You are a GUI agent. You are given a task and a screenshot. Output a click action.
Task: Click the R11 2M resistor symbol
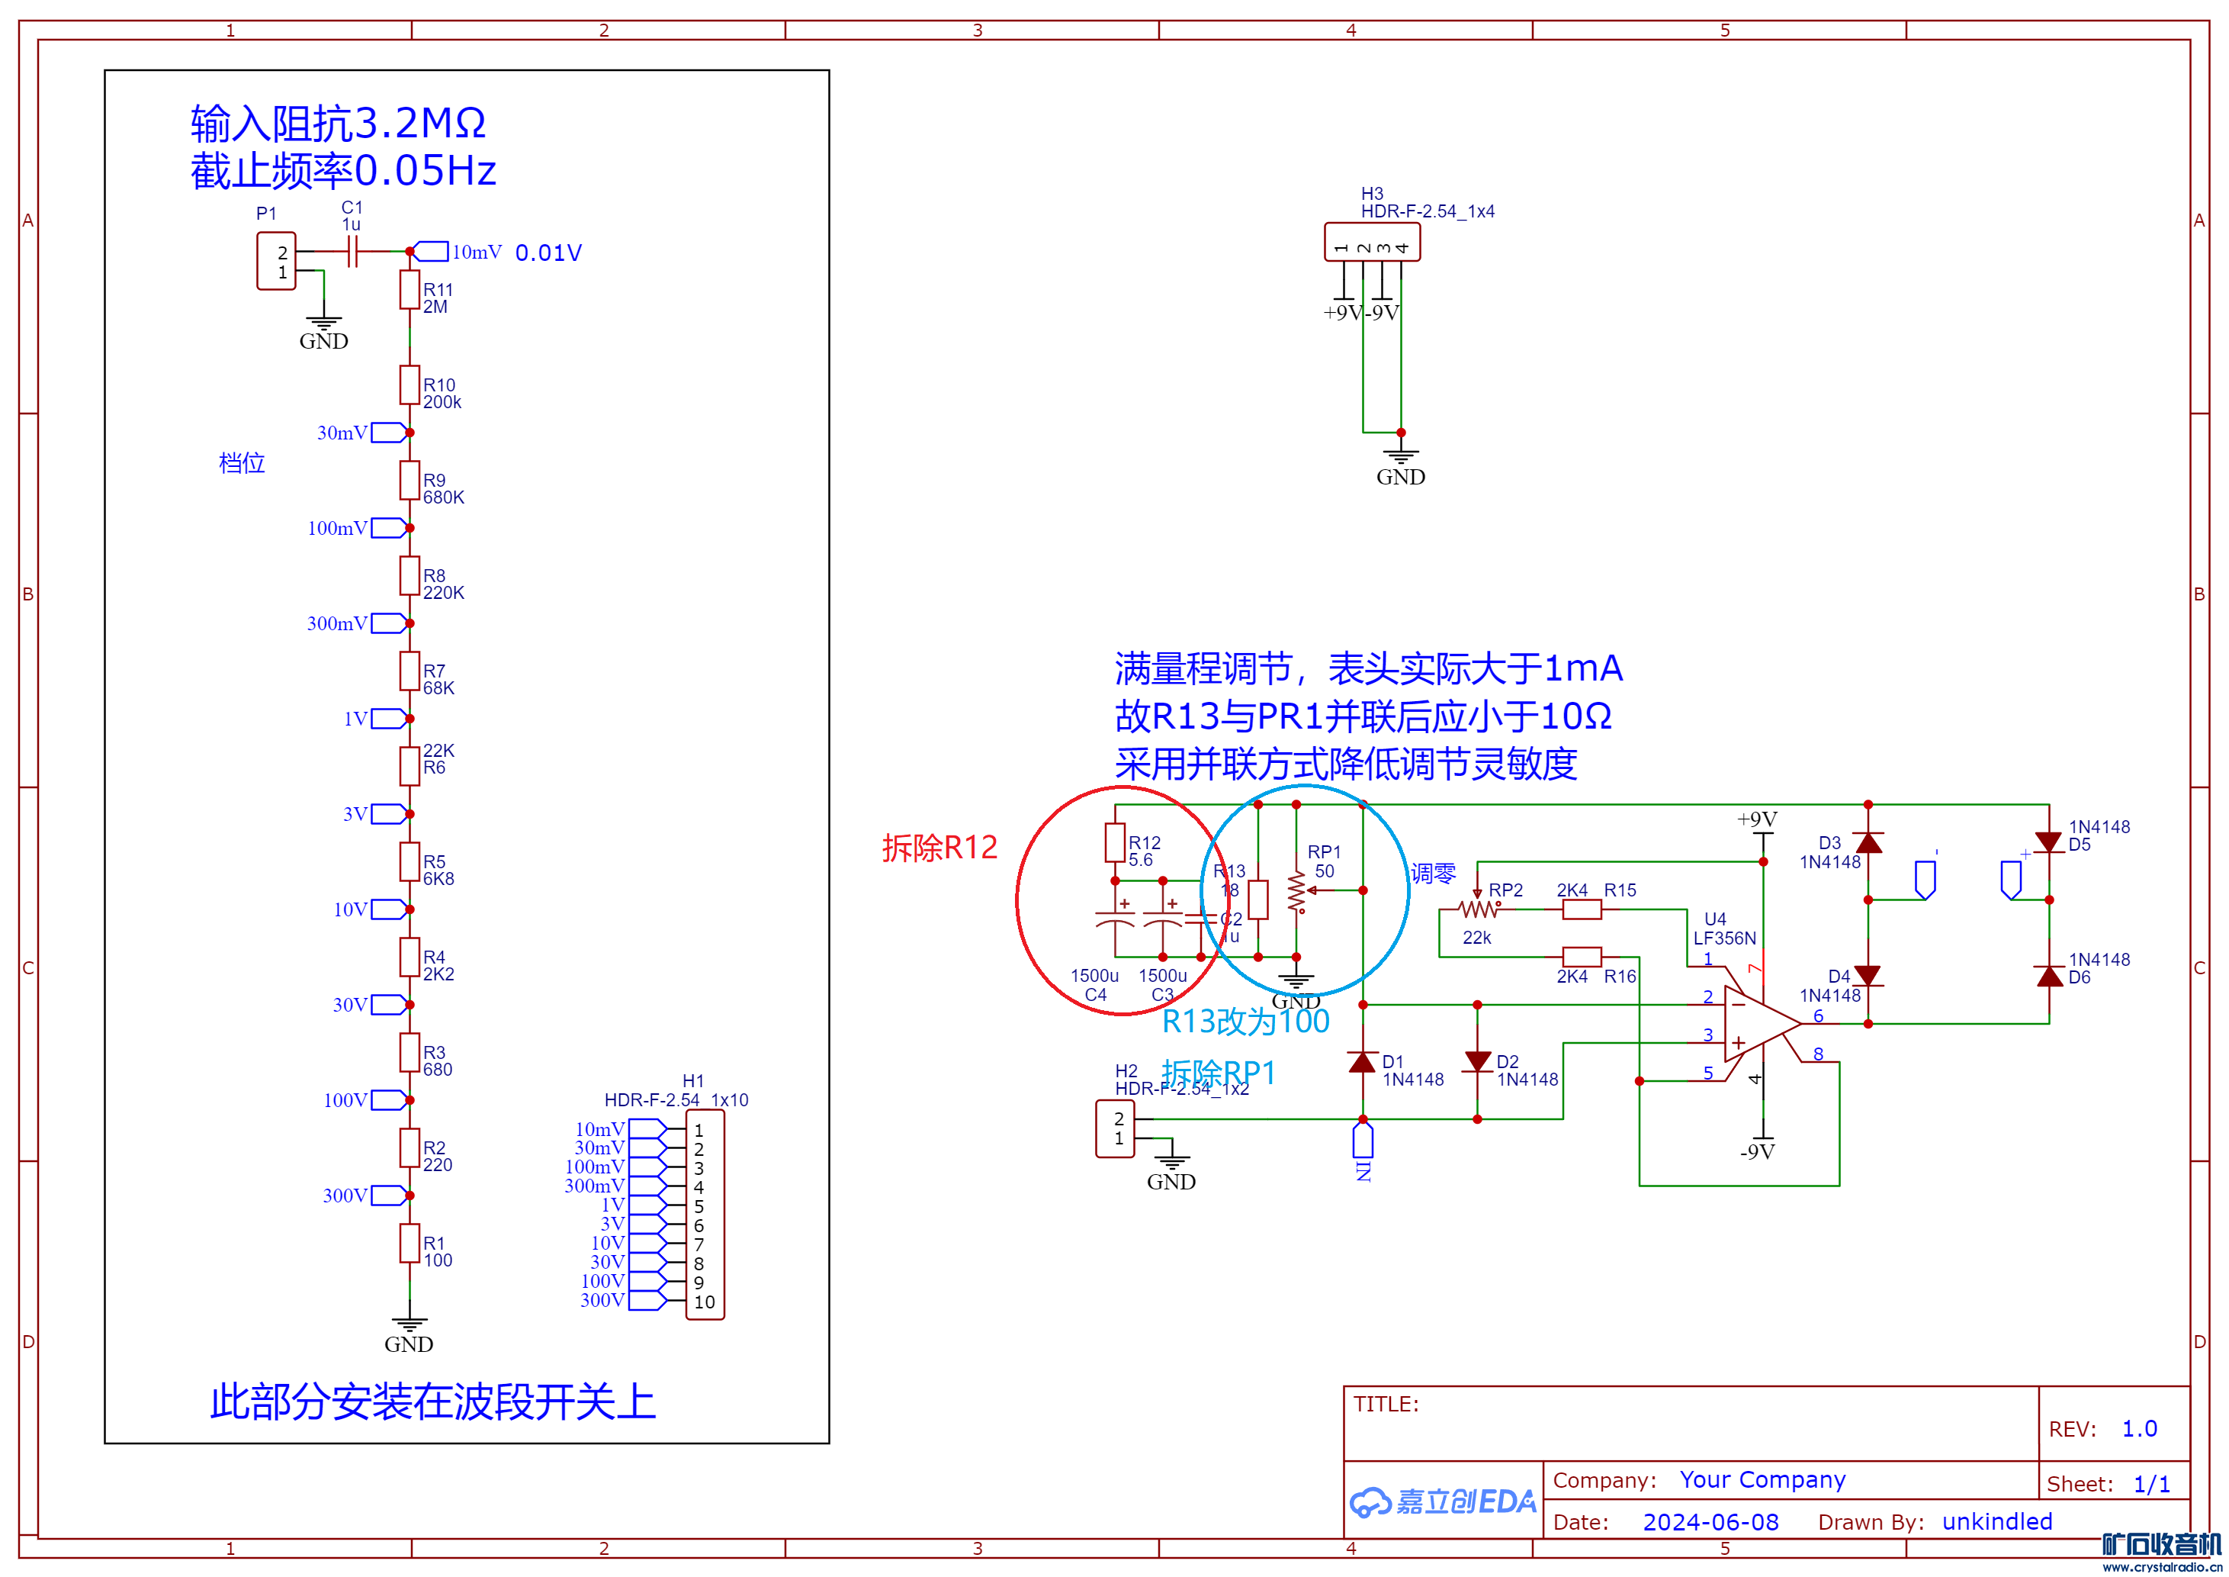coord(410,289)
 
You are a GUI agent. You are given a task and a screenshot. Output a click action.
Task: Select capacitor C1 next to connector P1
coord(353,253)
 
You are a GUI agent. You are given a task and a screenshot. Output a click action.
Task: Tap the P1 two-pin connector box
coord(276,261)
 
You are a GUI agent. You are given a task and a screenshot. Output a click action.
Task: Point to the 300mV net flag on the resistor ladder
coord(387,623)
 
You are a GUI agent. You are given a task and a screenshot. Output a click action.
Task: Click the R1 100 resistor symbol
coord(410,1243)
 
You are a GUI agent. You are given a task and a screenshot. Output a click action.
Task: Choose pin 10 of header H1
coord(705,1302)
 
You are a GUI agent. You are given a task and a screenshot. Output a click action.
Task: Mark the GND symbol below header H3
coord(1400,459)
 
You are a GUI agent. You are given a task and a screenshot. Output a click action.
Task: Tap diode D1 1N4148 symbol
coord(1362,1061)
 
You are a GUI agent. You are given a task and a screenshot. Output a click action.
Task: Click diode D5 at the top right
coord(2048,842)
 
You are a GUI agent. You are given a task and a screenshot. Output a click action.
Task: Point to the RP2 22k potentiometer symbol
coord(1479,909)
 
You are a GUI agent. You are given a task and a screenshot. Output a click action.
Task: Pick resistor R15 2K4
coord(1582,909)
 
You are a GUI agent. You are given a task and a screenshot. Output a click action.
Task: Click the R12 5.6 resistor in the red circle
coord(1115,843)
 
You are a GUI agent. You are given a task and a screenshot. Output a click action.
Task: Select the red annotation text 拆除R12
coord(939,848)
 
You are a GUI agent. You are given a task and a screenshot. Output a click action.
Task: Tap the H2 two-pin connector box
coord(1115,1128)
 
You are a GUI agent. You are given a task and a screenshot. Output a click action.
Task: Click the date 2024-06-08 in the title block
coord(1710,1521)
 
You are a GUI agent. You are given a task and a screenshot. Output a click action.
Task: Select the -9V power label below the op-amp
coord(1757,1152)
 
